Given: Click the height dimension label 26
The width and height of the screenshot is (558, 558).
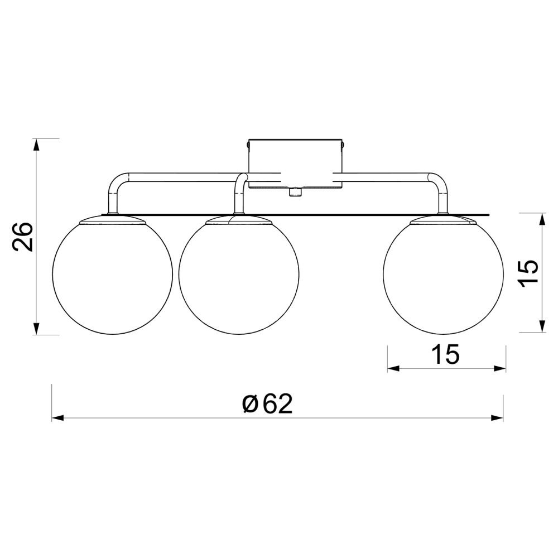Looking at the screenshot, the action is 22,237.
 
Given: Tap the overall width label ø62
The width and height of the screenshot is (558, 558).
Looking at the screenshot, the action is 267,404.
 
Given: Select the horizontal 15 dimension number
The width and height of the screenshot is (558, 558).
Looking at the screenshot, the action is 445,354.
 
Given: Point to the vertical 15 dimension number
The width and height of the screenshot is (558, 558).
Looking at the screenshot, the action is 528,273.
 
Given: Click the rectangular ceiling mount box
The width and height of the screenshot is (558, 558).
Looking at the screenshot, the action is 295,163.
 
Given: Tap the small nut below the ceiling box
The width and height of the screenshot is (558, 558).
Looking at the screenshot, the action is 295,193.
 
